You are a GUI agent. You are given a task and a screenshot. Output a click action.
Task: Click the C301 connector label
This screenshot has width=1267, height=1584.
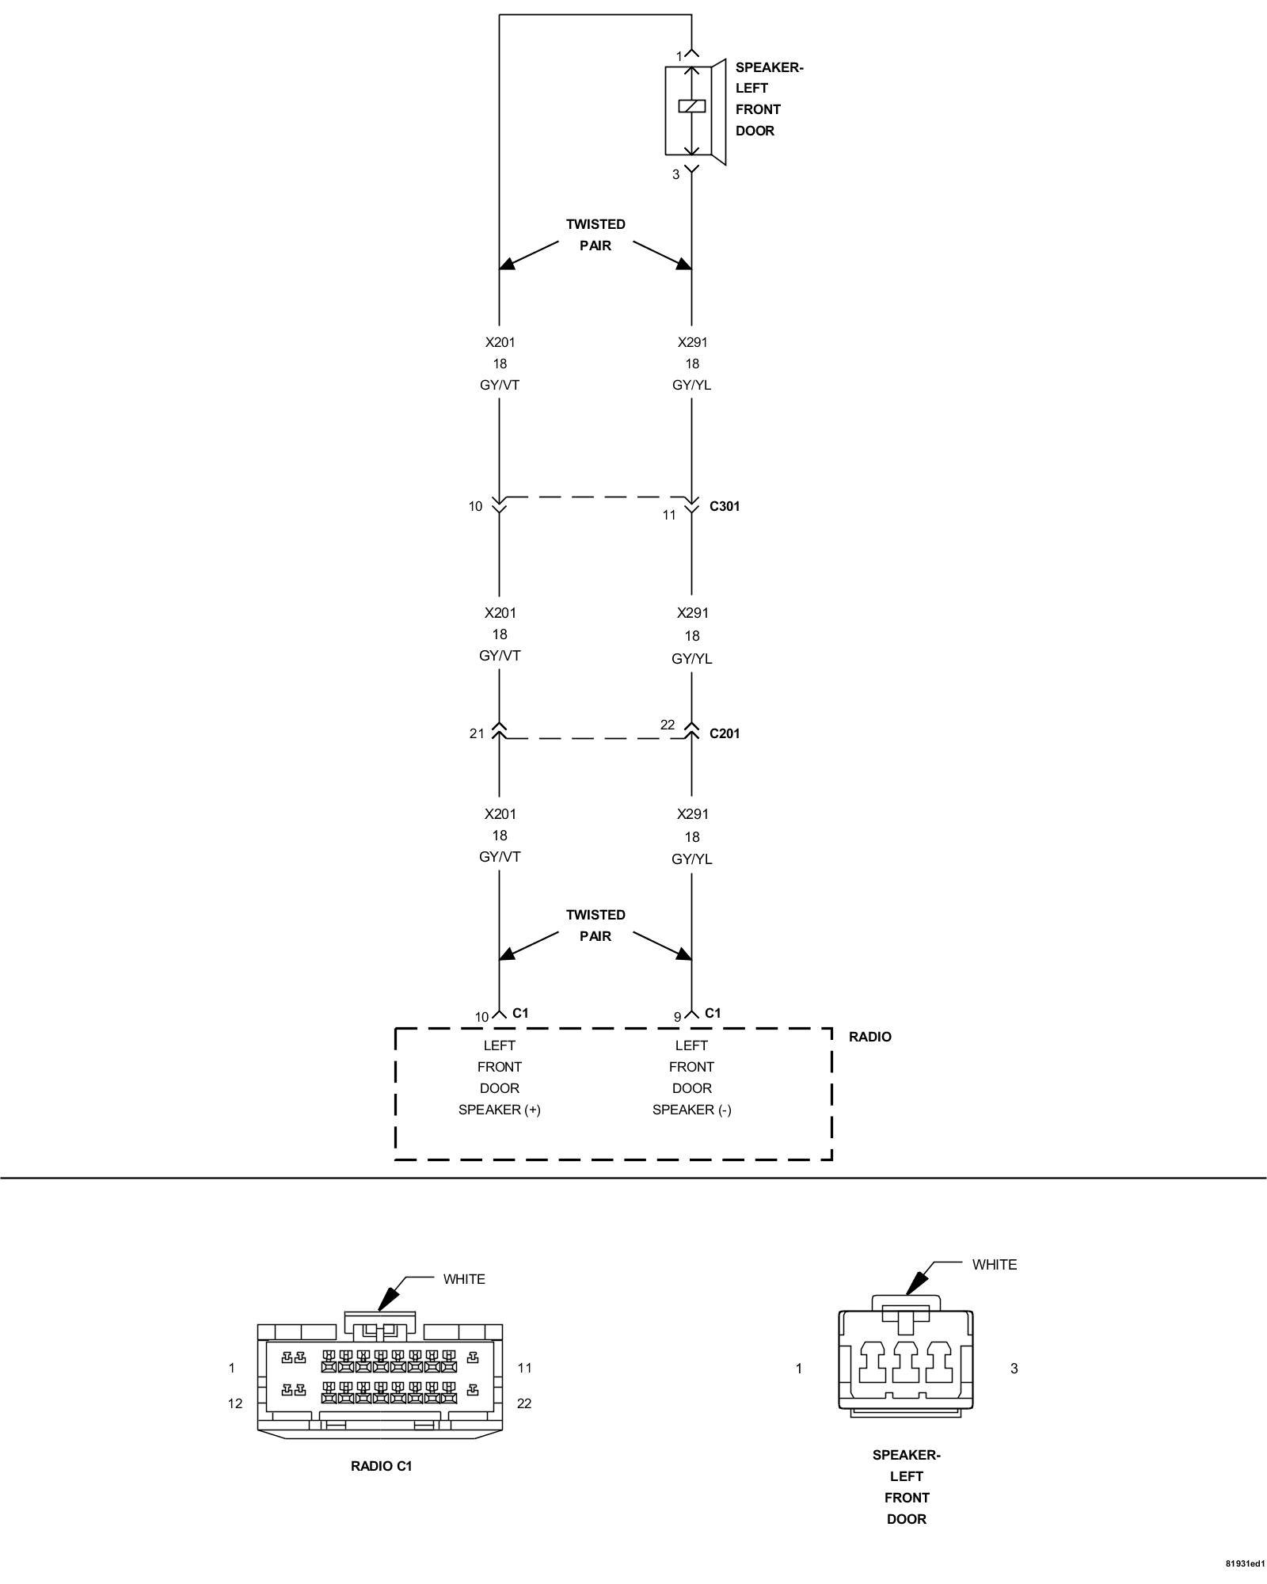(725, 506)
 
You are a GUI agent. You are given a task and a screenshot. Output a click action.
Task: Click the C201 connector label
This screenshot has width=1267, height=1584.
(725, 733)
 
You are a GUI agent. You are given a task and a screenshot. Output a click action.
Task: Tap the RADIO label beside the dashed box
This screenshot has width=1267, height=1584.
(869, 1037)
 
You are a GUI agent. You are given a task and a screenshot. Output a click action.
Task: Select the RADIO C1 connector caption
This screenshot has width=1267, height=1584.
(382, 1466)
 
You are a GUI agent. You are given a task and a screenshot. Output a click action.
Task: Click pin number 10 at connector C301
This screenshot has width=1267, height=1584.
(475, 506)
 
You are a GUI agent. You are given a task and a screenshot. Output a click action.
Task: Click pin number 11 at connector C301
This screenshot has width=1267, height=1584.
(669, 515)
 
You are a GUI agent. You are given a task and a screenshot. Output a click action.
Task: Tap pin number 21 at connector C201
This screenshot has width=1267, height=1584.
(476, 733)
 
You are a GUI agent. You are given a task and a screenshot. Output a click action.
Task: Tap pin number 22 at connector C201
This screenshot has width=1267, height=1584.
(668, 725)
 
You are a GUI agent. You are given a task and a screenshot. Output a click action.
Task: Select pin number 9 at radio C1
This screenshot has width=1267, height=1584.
(677, 1017)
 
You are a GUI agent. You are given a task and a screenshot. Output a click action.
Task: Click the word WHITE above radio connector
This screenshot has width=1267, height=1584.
(464, 1279)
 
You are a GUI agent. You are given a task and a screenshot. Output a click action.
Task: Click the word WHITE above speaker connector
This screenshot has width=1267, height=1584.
(995, 1265)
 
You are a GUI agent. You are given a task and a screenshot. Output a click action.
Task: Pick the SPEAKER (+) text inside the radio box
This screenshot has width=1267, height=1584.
(499, 1110)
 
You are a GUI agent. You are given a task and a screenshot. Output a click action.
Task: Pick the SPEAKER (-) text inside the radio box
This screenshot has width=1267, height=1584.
(691, 1110)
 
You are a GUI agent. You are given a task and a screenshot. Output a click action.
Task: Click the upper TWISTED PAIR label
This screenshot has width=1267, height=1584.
(595, 235)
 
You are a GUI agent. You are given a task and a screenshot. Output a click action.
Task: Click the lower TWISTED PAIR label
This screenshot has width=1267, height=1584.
(595, 925)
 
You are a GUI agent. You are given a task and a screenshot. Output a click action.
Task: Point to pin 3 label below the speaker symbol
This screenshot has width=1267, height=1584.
(675, 174)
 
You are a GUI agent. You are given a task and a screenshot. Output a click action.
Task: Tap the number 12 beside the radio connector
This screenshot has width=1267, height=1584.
(235, 1403)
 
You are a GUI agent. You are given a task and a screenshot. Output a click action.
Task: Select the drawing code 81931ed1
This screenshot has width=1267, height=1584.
(1245, 1564)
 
